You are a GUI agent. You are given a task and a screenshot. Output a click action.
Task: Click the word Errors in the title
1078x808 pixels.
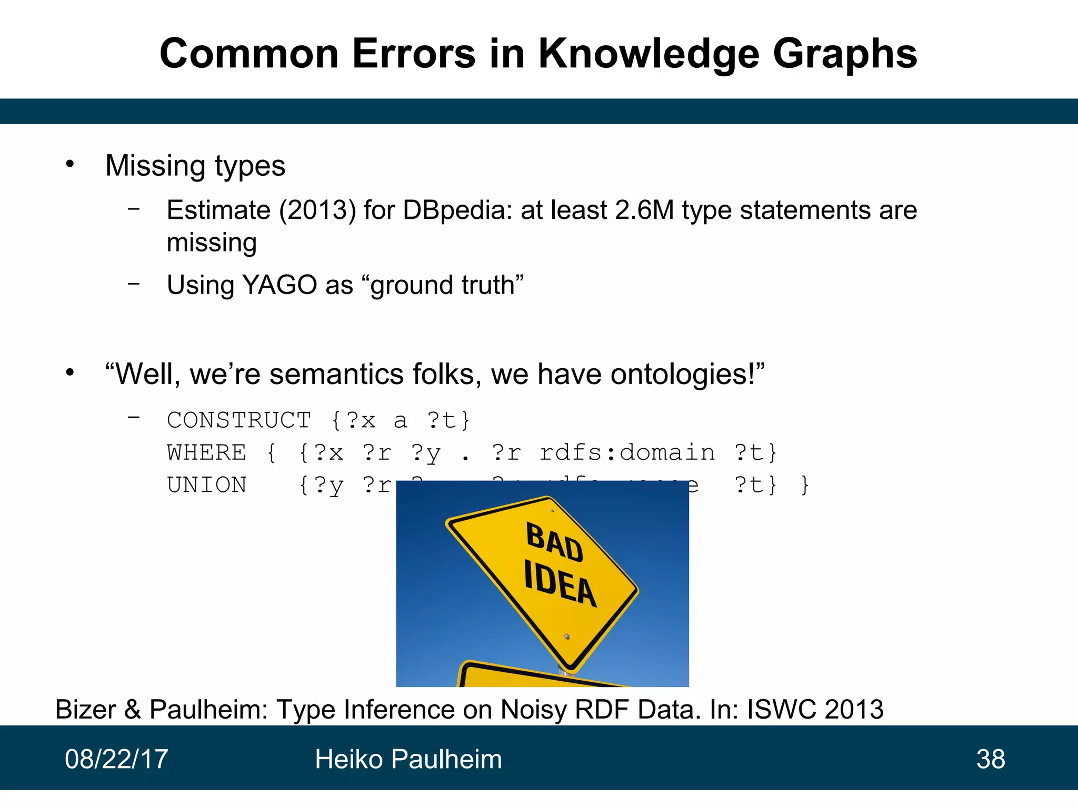[x=414, y=54]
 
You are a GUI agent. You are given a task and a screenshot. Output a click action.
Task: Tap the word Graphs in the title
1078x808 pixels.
[x=845, y=55]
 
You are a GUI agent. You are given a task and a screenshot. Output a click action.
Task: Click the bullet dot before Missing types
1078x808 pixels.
[x=70, y=164]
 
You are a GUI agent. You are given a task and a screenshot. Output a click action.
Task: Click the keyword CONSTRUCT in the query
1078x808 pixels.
[x=239, y=420]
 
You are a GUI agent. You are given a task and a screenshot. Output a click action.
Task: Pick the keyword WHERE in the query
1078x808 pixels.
[x=207, y=453]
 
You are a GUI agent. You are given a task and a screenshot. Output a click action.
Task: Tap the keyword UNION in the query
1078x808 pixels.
[x=207, y=485]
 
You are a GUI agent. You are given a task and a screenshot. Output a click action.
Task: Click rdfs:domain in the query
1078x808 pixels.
[x=627, y=453]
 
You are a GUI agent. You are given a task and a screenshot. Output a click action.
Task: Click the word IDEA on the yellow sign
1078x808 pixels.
[x=560, y=583]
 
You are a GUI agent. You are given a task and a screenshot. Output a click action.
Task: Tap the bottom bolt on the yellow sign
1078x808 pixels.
[x=567, y=637]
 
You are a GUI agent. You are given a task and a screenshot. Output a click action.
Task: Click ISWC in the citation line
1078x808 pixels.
[x=782, y=709]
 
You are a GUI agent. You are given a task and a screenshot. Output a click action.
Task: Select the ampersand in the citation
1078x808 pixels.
[x=133, y=709]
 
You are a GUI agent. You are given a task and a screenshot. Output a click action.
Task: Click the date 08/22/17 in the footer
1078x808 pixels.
[x=116, y=759]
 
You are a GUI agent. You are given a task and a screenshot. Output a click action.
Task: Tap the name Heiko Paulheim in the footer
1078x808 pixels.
[x=408, y=759]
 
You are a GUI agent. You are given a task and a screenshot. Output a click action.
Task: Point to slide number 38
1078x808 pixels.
[x=991, y=759]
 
